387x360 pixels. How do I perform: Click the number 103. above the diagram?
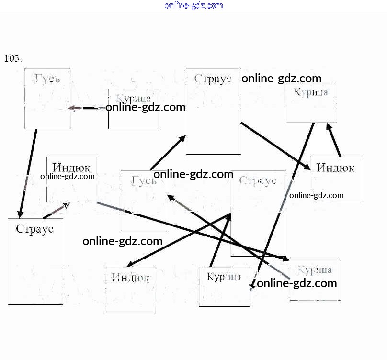(x=13, y=58)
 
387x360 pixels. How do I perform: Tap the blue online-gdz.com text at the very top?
(x=193, y=6)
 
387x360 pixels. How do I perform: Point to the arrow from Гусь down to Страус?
(x=28, y=173)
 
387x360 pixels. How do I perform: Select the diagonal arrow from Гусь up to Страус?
(x=168, y=153)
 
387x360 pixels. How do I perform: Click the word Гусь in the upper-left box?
(x=47, y=78)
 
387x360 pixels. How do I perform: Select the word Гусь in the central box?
(x=144, y=181)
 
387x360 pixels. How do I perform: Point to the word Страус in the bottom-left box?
(x=34, y=229)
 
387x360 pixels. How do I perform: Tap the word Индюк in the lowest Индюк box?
(x=130, y=277)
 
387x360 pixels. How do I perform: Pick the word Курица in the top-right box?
(x=311, y=92)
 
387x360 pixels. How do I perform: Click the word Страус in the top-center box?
(x=213, y=79)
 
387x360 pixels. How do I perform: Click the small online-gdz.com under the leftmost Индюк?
(x=68, y=176)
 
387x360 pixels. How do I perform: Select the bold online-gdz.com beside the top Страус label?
(x=281, y=79)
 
